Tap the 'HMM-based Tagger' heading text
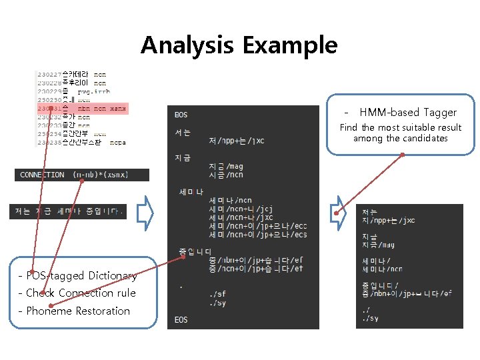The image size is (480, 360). pos(407,112)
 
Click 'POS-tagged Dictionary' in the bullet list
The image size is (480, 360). pos(79,276)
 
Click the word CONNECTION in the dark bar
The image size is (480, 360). pos(42,175)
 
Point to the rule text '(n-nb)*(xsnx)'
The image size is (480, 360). pos(100,175)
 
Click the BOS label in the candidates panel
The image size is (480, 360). pos(181,115)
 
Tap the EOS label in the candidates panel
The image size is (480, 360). pos(181,320)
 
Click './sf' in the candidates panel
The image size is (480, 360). pos(217,293)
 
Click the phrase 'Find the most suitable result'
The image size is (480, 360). pos(400,127)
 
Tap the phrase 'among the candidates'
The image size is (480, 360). pos(400,138)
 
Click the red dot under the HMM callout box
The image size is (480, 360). pos(403,156)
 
